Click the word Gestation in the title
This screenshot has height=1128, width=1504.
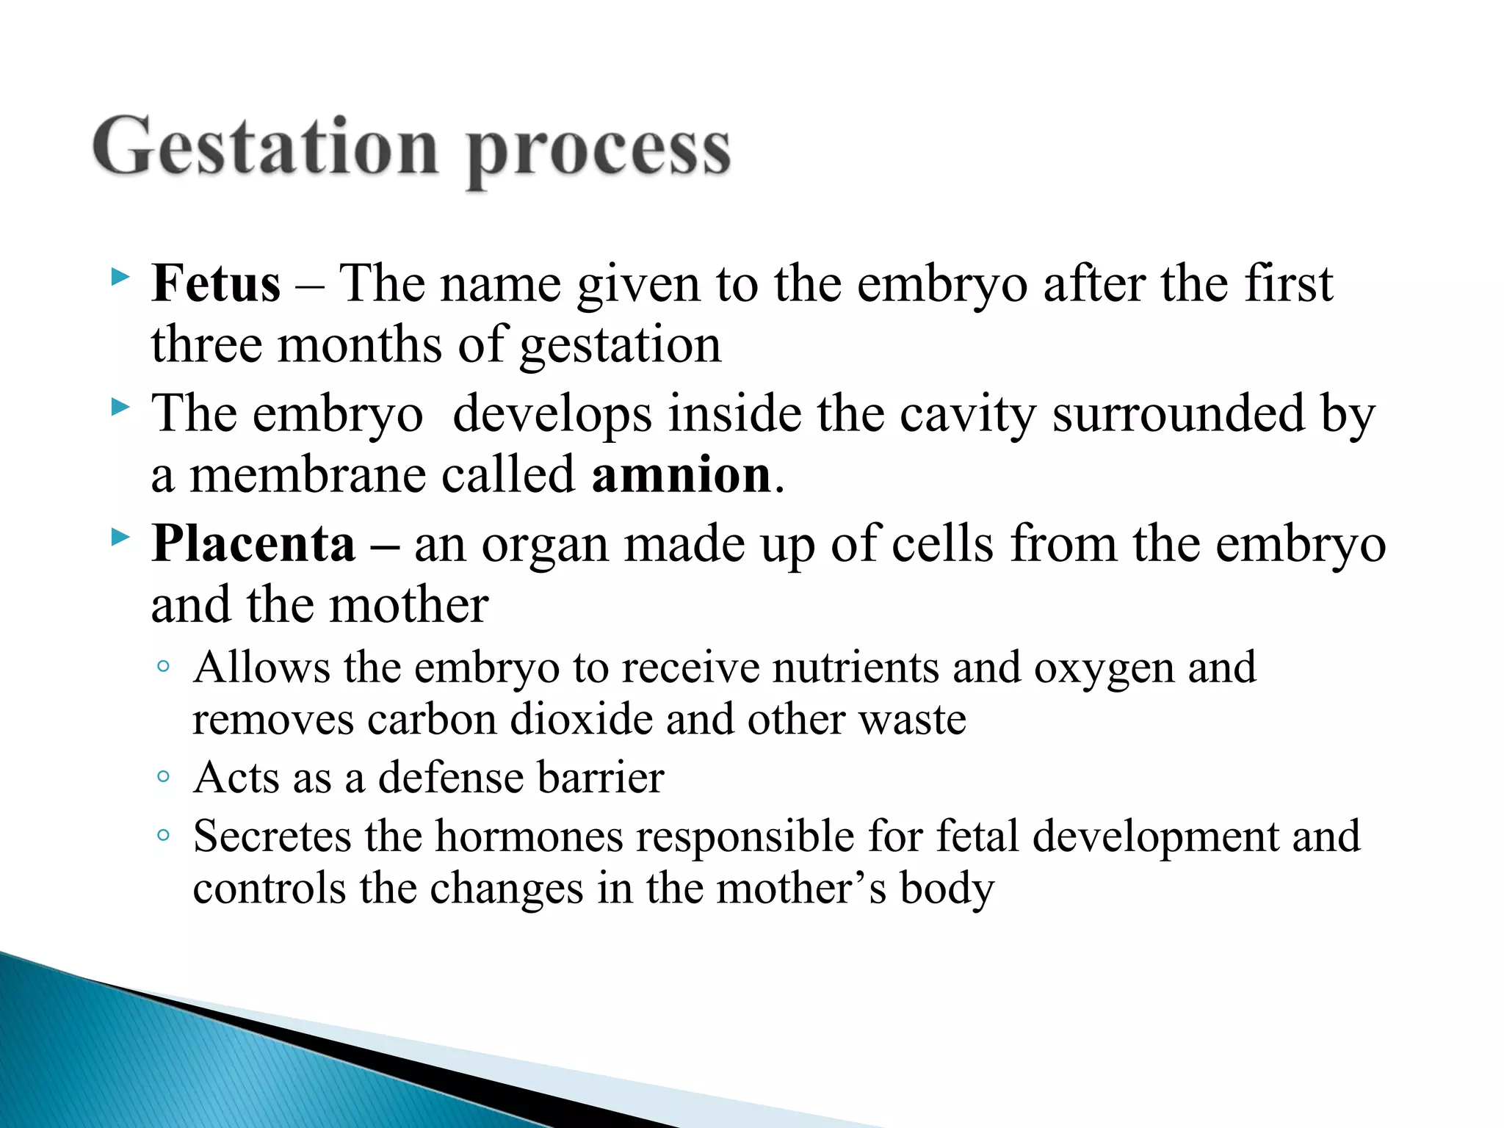pos(266,147)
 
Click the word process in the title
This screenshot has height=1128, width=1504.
pos(599,151)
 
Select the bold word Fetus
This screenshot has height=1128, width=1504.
pos(216,283)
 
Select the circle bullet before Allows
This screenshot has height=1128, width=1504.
pos(163,666)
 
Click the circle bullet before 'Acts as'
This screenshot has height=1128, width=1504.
pos(163,776)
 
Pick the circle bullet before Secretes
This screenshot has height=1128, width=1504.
pos(163,835)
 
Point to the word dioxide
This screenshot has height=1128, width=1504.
pos(581,719)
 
